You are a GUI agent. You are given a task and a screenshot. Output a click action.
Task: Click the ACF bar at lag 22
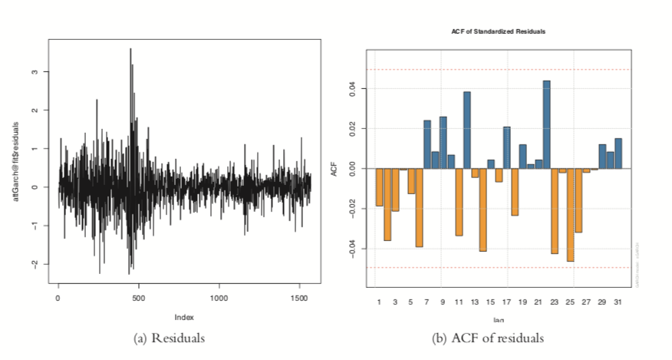click(x=547, y=124)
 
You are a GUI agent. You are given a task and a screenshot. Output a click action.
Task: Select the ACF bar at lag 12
click(x=466, y=130)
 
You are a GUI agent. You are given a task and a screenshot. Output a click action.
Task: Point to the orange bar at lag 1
click(x=379, y=187)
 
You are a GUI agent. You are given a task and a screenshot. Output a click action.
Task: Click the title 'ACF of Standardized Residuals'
click(x=498, y=31)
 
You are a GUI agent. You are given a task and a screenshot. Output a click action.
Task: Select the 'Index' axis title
click(x=183, y=315)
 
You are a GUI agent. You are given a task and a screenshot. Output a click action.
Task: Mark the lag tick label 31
click(x=618, y=302)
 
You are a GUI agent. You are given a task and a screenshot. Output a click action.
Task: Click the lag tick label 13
click(x=475, y=302)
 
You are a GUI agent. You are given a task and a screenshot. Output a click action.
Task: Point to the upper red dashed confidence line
click(x=498, y=70)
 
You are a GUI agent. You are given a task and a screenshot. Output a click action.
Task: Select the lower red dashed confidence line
click(x=498, y=267)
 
